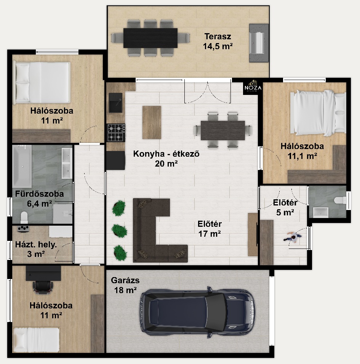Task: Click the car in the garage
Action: [197, 311]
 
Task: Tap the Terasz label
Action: [218, 37]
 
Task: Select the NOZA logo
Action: [253, 87]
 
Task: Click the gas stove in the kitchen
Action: [116, 133]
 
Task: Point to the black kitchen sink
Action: [115, 103]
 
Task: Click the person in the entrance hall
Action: [293, 237]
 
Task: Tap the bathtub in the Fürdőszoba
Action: [22, 166]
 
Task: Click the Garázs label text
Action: [125, 280]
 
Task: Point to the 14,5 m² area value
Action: [218, 46]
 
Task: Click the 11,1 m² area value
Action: [302, 156]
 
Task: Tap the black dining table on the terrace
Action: [150, 38]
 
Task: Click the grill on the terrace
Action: [259, 43]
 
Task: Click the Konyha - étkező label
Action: [166, 154]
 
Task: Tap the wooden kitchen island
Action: [152, 123]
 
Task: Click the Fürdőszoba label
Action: [40, 194]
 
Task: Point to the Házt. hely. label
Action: [36, 244]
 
